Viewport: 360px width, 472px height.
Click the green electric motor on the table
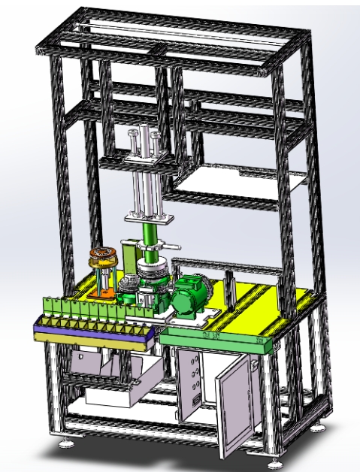point(190,295)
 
